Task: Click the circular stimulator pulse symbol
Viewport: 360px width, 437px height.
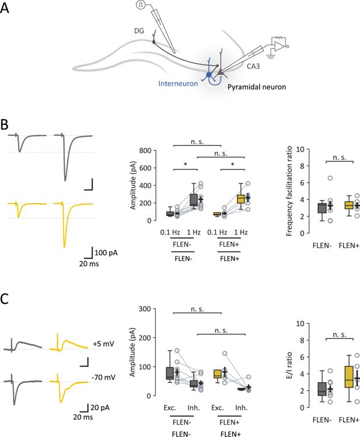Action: click(x=141, y=5)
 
